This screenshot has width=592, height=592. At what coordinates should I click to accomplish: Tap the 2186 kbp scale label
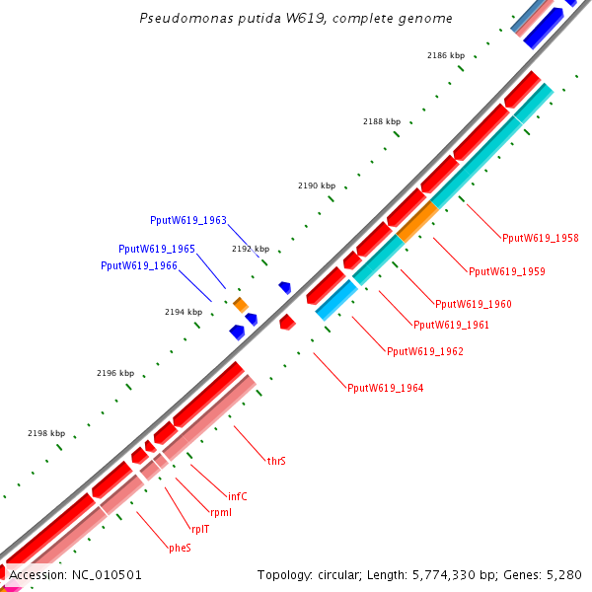coord(445,56)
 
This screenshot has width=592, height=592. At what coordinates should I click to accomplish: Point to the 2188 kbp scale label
coord(381,121)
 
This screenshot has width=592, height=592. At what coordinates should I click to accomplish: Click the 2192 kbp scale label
coord(250,249)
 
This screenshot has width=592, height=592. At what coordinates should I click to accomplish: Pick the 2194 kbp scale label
coord(183,312)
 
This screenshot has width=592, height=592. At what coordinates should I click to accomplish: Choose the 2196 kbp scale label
coord(114,373)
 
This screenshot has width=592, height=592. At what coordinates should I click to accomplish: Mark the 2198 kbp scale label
coord(46,433)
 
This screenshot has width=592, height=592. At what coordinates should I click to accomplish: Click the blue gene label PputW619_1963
coord(187,220)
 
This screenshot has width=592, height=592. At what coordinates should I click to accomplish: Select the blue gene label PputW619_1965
coord(156,250)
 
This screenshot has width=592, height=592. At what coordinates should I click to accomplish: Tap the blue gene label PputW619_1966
coord(138,265)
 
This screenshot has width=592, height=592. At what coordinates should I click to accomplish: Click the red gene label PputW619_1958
coord(540,238)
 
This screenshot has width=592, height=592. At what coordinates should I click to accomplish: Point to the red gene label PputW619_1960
coord(473,304)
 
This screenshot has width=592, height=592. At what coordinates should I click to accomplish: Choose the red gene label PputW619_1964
coord(385,388)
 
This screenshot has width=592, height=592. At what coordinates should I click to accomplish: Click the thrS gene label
coord(276,461)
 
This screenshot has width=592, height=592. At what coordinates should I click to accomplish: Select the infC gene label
coord(237,496)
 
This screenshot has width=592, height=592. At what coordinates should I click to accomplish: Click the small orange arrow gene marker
coord(240,305)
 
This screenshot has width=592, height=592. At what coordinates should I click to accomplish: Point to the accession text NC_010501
coord(75,574)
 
